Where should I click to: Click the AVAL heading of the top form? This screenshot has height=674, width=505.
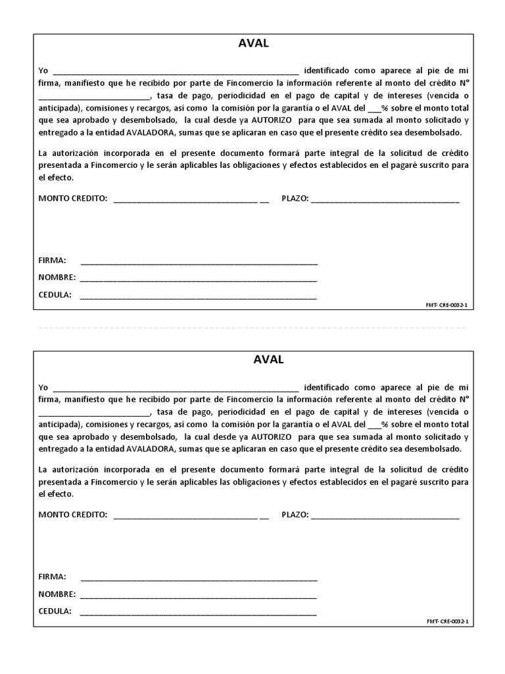[252, 44]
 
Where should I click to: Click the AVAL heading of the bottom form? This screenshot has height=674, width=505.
[252, 360]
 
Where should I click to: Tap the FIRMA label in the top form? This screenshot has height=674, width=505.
[52, 261]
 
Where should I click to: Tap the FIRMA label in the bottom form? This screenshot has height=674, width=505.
[52, 577]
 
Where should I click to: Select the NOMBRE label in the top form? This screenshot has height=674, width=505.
[57, 278]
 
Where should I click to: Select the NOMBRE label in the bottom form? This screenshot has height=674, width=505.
[57, 594]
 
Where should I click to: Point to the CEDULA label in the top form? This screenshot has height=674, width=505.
[55, 295]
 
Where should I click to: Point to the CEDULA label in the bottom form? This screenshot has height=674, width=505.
[55, 611]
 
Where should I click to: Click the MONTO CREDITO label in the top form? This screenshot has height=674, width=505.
[72, 198]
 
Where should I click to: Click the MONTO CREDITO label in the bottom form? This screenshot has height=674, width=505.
[72, 514]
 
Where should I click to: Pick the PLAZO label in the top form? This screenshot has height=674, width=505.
[295, 198]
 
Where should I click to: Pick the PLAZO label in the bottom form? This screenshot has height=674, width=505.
[295, 514]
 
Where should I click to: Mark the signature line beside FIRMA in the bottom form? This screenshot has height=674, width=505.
[199, 580]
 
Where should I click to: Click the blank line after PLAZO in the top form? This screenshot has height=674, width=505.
[385, 201]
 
